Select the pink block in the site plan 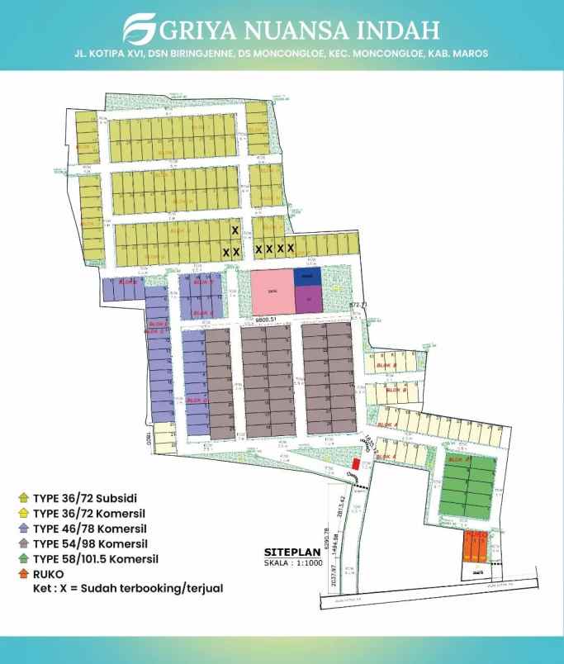tap(272, 290)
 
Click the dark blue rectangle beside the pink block tap(306, 277)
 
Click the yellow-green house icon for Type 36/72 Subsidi tap(23, 498)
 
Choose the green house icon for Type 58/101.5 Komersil tap(23, 559)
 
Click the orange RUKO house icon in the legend tap(23, 574)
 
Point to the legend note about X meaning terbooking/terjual tap(128, 589)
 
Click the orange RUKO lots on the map tap(474, 546)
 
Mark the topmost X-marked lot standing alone tap(235, 230)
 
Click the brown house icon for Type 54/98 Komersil tap(23, 543)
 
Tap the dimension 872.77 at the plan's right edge tap(358, 306)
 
